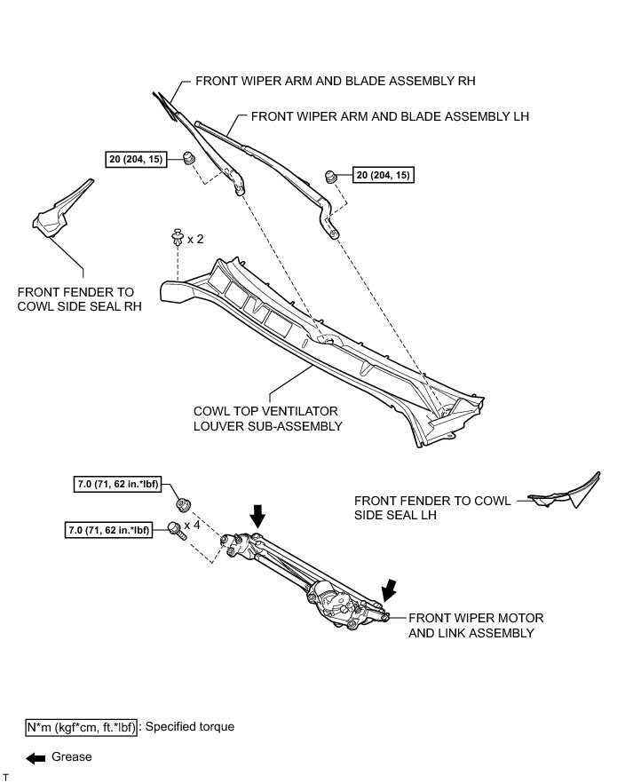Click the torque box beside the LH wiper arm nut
click(x=384, y=175)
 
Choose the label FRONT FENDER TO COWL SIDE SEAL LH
click(x=432, y=508)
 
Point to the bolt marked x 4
click(x=176, y=531)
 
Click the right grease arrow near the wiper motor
click(x=388, y=587)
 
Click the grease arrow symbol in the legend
click(x=36, y=757)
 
